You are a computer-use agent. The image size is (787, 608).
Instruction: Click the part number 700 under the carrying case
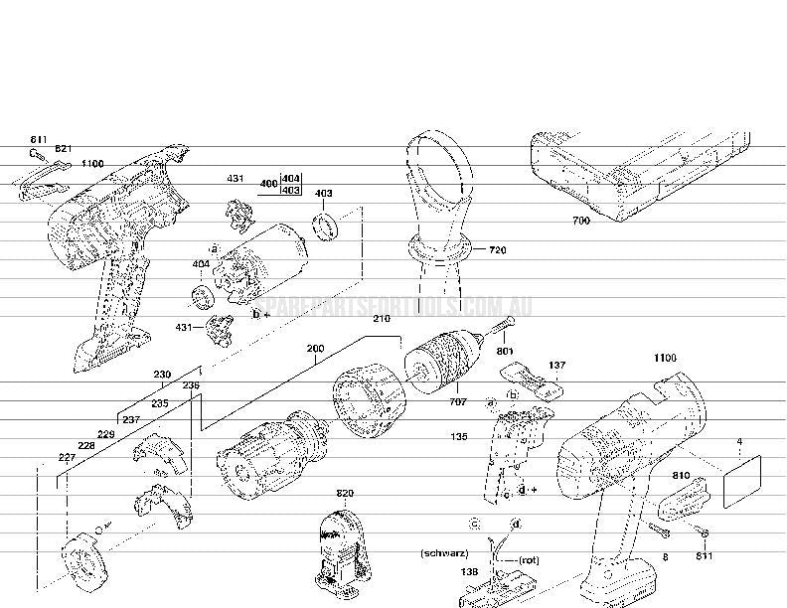pos(581,221)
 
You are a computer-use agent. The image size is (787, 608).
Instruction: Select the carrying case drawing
pos(636,174)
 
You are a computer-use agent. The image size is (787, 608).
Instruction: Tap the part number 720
pos(498,250)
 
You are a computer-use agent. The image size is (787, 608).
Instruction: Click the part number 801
pos(505,351)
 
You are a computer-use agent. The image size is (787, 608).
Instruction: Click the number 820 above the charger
pos(345,494)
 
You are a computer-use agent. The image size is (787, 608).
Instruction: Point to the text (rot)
pos(529,559)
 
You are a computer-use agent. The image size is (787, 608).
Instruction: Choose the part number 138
pos(470,572)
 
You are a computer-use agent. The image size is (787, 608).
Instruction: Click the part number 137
pos(556,366)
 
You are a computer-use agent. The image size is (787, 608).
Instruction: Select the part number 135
pos(459,435)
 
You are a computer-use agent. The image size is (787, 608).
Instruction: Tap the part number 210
pos(382,319)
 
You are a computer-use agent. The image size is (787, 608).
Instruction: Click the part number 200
pos(315,350)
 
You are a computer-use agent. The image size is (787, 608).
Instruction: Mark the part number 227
pos(67,458)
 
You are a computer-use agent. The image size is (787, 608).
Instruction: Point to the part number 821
pos(64,148)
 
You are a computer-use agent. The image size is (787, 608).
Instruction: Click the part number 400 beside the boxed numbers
pos(268,184)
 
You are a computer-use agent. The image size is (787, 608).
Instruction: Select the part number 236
pos(191,384)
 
